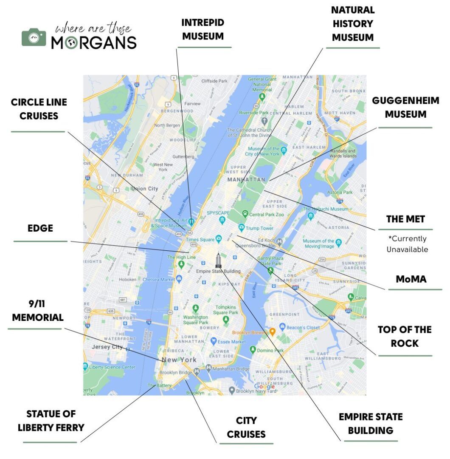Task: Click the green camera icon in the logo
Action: point(34,37)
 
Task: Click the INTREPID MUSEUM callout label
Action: point(203,29)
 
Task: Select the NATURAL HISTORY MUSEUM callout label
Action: point(352,24)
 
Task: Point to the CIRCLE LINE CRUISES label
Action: point(39,109)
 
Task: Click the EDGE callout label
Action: point(40,228)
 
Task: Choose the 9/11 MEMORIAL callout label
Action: point(37,311)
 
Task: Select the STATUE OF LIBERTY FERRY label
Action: point(51,421)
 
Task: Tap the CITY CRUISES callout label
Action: point(246,427)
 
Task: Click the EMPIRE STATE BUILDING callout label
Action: point(371,423)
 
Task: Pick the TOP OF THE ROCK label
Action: point(405,336)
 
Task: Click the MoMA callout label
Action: point(411,279)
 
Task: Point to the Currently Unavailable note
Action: point(407,244)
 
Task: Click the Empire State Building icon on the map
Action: point(218,260)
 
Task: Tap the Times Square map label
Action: point(201,240)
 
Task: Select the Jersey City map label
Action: point(107,347)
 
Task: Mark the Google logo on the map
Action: point(264,387)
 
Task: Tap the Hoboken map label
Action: point(127,279)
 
